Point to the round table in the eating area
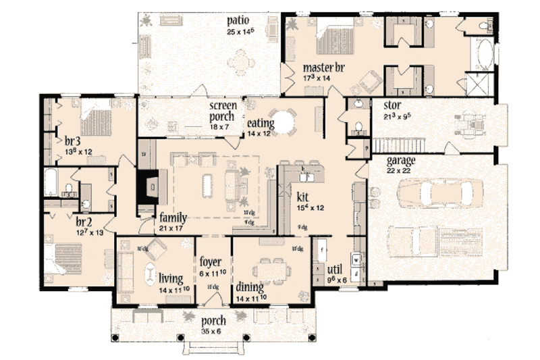tap(282, 122)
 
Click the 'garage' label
tap(401, 161)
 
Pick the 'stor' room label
tap(393, 106)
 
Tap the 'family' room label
tap(173, 217)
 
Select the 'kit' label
tap(302, 197)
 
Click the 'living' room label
tap(171, 278)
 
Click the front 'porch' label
tap(213, 320)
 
